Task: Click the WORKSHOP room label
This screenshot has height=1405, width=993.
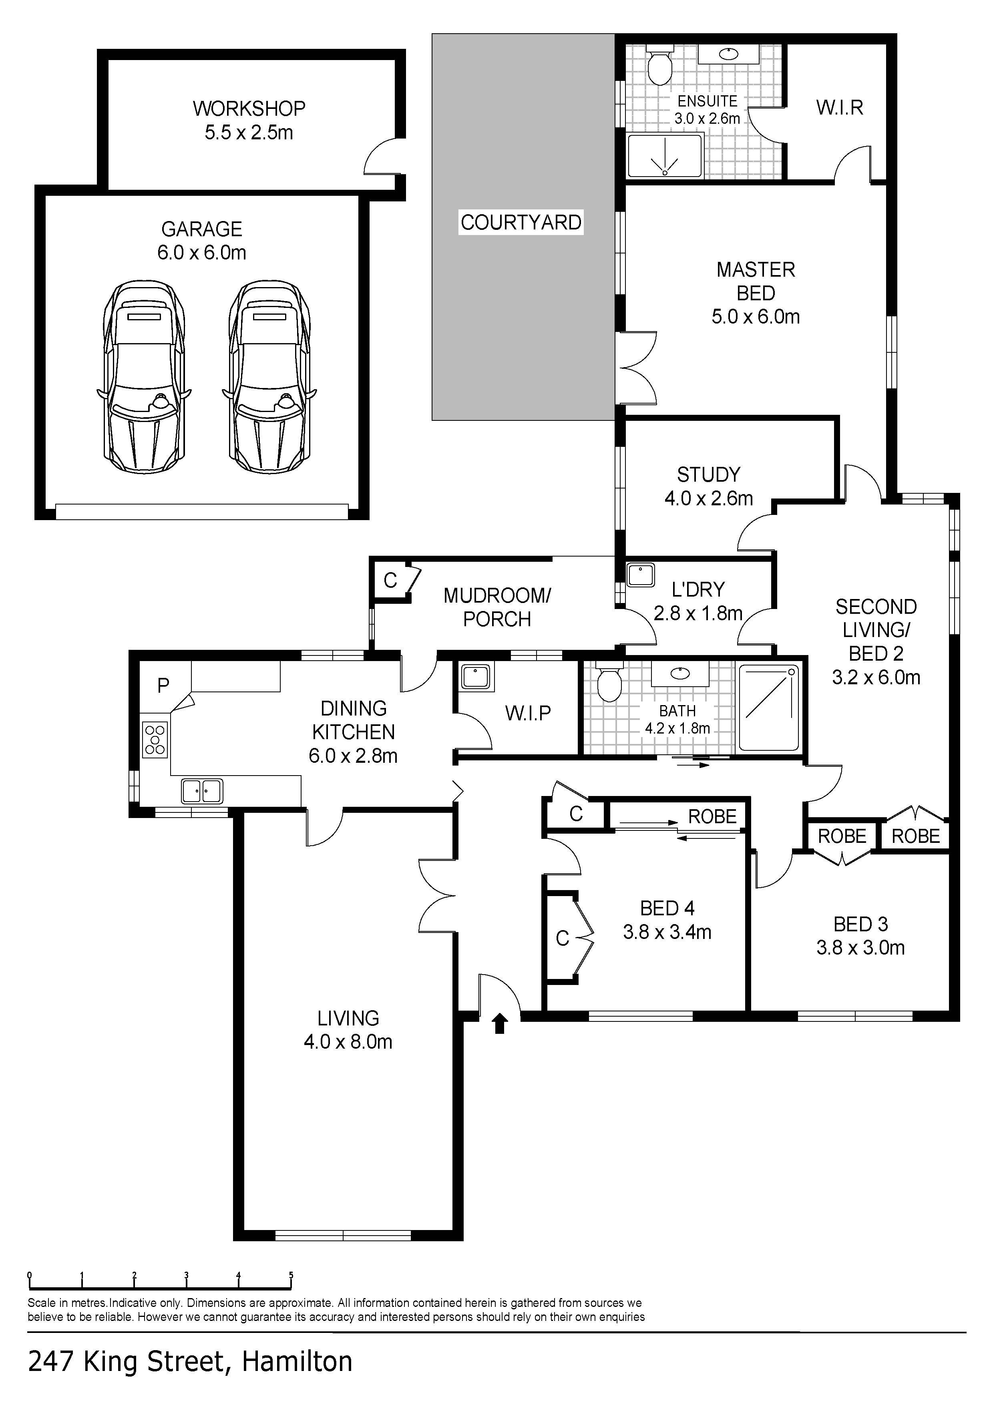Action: [x=249, y=109]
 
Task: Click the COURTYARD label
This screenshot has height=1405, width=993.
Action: [x=521, y=222]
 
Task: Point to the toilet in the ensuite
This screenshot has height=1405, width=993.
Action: [x=659, y=65]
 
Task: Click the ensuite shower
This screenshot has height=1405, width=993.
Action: [x=664, y=156]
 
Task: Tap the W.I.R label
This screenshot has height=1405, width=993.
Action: [x=839, y=108]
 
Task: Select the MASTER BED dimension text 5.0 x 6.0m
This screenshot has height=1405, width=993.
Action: [x=756, y=316]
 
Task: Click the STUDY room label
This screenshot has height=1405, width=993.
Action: [x=708, y=474]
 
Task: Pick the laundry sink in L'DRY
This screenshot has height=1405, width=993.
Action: [x=641, y=575]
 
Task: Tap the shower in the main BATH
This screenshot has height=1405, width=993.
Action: [x=769, y=708]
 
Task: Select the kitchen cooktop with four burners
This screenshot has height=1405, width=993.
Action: [x=155, y=740]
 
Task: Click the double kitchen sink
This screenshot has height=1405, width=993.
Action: [x=202, y=791]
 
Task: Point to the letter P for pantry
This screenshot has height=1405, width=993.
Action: [x=163, y=685]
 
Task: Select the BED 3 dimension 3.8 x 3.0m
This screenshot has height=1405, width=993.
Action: [x=860, y=947]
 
